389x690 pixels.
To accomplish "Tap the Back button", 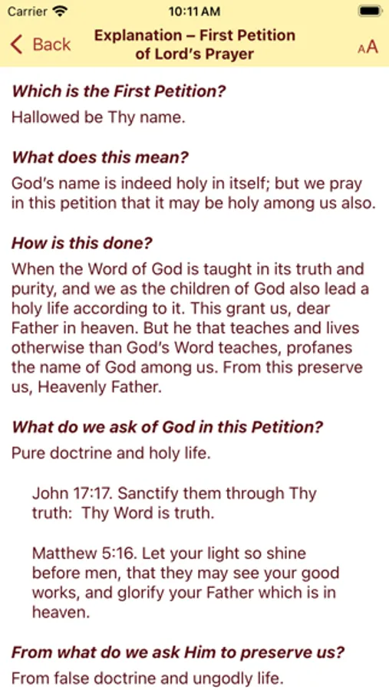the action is point(40,44).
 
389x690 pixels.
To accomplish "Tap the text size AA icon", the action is point(368,47).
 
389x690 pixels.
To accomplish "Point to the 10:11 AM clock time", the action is point(193,11).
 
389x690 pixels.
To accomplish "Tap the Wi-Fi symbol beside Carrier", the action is point(61,11).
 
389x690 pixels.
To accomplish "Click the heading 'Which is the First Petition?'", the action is point(119,91).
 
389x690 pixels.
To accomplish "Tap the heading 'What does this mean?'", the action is point(100,158).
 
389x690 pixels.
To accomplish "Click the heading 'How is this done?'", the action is point(82,244).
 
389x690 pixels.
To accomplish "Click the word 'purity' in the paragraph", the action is point(33,289).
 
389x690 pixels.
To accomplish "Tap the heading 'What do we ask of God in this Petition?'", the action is point(167,427).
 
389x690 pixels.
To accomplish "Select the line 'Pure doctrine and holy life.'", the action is point(110,453).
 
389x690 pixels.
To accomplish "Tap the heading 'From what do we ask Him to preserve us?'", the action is point(177,652).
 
